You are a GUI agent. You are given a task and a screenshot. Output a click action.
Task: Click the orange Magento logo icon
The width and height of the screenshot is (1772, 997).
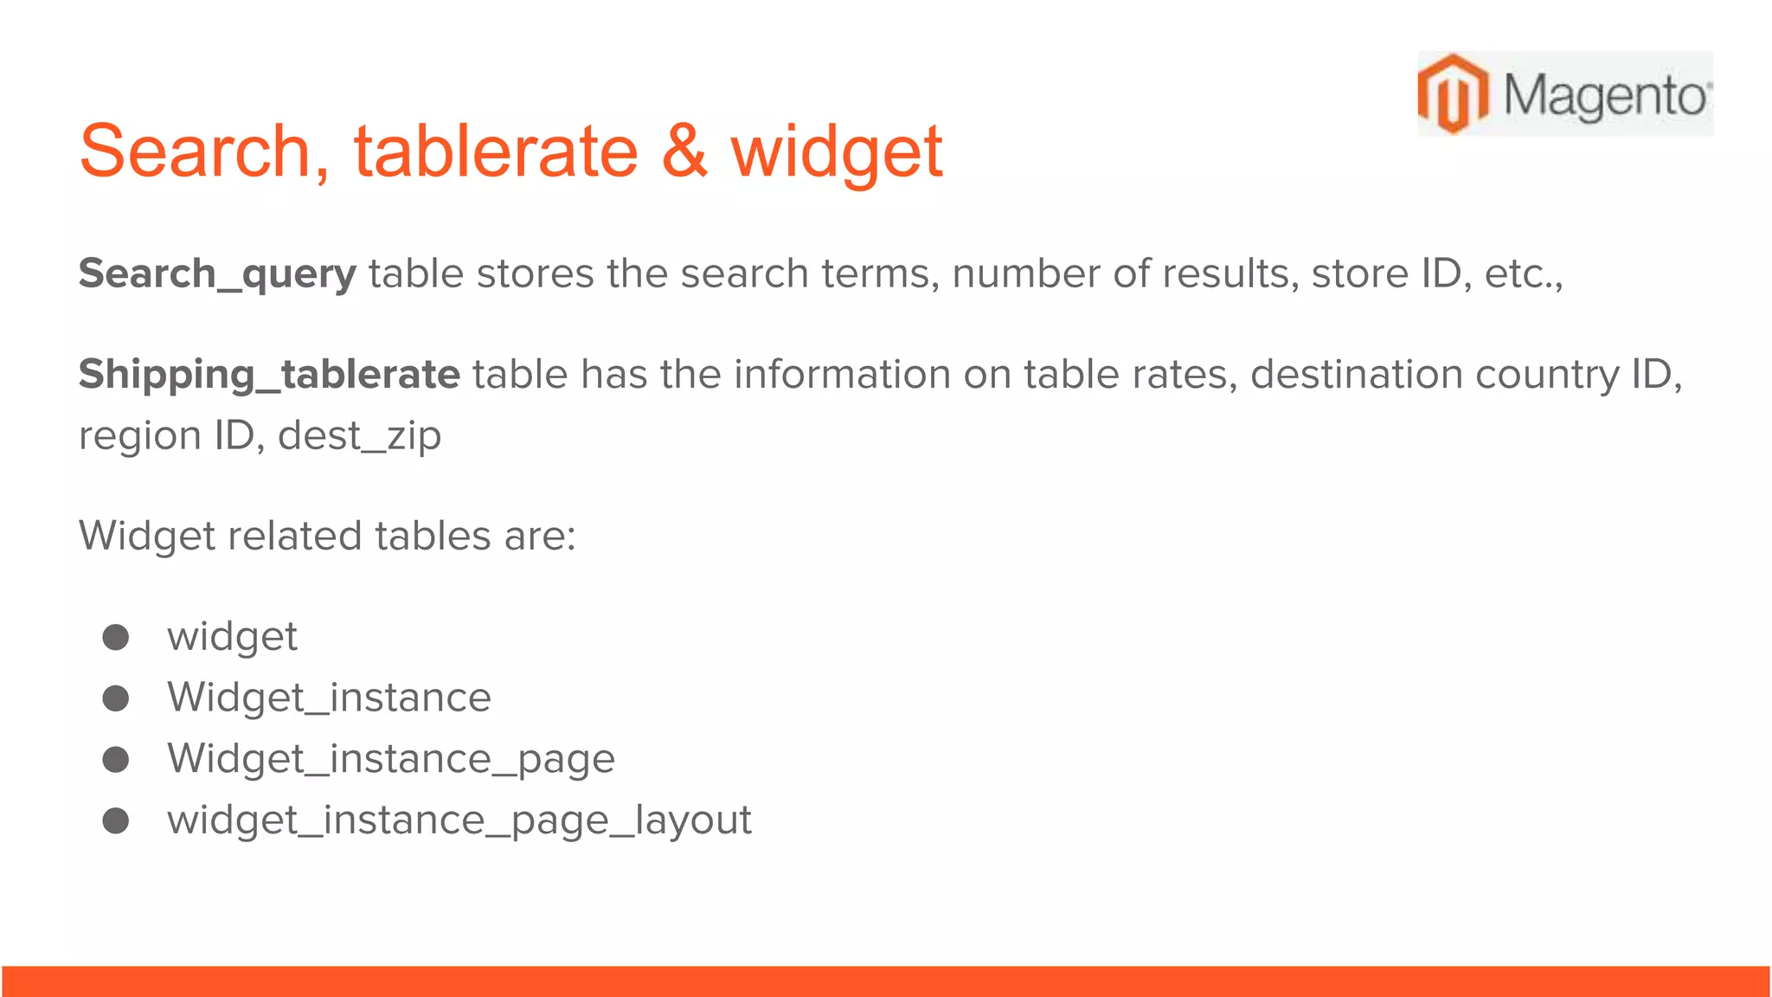(1453, 93)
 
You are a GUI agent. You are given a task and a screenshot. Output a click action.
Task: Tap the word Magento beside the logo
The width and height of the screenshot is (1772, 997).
(1605, 95)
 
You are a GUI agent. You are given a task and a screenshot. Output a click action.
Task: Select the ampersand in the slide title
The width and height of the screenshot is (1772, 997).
(684, 151)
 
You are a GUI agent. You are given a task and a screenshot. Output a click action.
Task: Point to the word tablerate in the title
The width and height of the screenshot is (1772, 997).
(496, 151)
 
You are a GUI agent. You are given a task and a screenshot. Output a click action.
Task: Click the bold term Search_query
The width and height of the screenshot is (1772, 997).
(217, 274)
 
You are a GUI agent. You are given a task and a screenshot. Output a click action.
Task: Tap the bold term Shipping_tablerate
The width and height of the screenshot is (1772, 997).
(269, 375)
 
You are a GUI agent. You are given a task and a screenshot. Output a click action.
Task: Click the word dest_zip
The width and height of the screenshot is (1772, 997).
(359, 435)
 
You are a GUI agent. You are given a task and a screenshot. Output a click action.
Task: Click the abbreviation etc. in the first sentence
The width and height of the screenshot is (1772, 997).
(1522, 274)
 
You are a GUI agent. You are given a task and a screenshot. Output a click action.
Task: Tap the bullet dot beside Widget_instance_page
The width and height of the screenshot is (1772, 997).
(116, 760)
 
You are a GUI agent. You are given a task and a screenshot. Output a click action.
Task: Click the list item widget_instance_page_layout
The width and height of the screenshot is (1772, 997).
(459, 820)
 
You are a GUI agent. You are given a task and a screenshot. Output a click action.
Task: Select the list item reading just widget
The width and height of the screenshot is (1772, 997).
(232, 638)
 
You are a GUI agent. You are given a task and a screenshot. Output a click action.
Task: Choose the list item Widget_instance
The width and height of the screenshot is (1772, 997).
(329, 698)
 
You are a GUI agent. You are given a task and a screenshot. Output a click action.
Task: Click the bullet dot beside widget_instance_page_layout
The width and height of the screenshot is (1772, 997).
(116, 820)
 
